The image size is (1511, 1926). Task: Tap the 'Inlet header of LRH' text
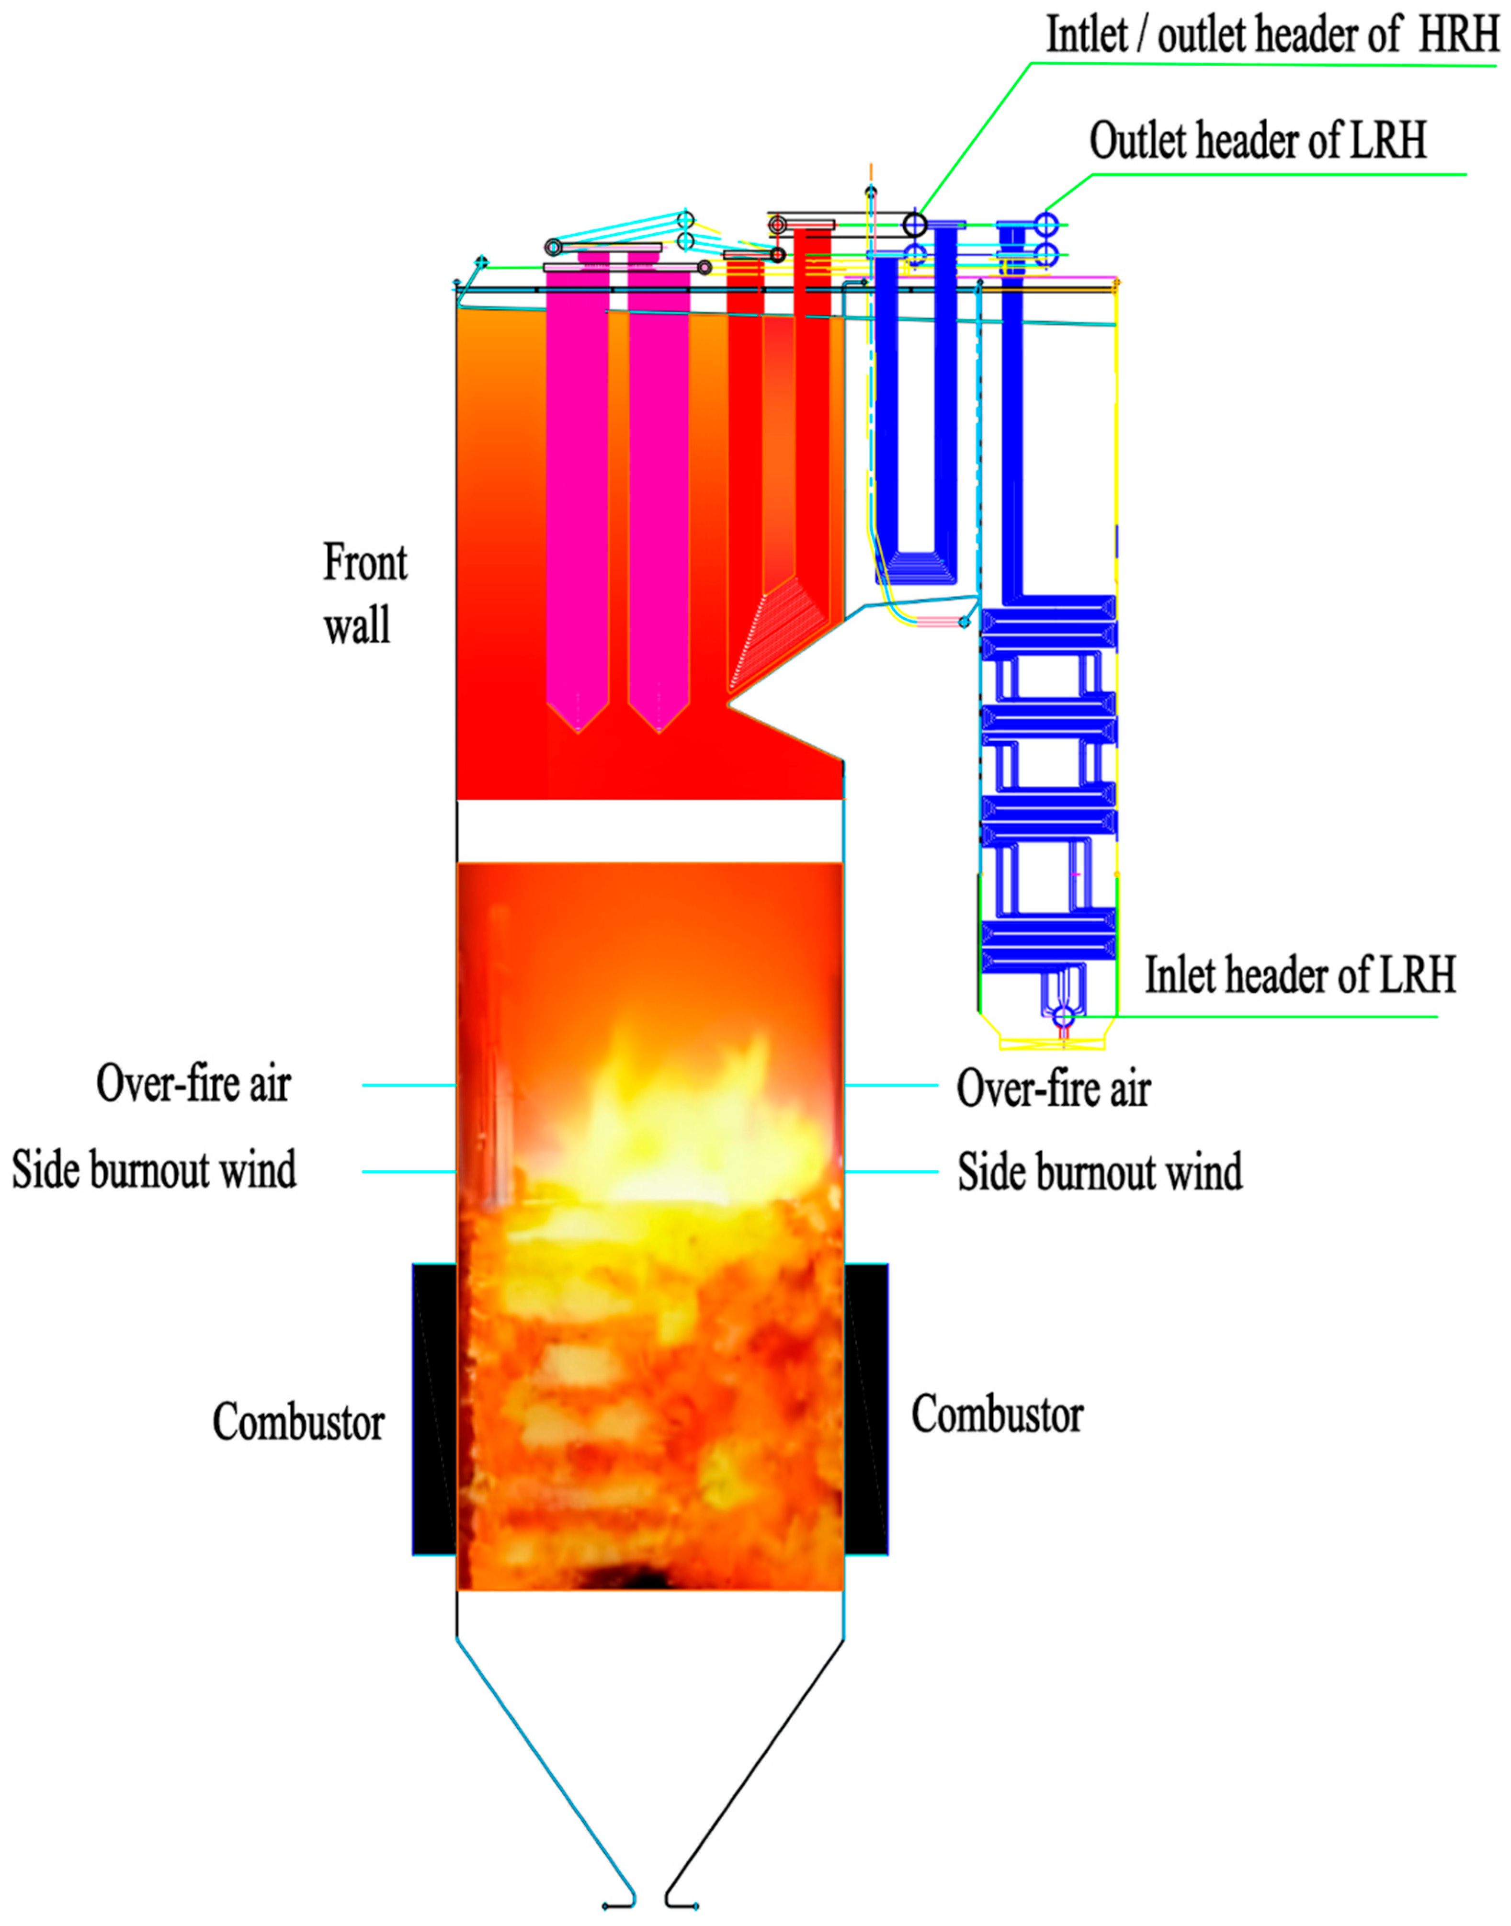click(x=1300, y=976)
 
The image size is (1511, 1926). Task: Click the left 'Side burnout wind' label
click(x=154, y=1170)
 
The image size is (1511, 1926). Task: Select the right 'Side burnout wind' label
click(x=1100, y=1172)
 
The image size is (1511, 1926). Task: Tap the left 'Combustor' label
click(x=298, y=1423)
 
